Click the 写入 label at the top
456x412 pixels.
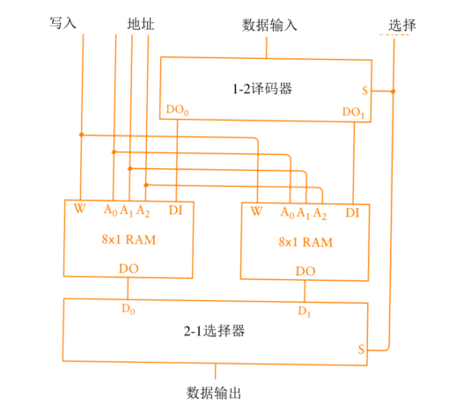(63, 24)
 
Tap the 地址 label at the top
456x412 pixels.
(140, 24)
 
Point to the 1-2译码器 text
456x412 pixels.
(263, 88)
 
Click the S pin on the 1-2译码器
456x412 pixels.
(365, 90)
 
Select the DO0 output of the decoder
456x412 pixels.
(177, 111)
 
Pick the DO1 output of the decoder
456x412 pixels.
(353, 111)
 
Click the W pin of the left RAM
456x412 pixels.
(80, 210)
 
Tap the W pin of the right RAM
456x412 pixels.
(256, 211)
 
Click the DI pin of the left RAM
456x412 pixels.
(176, 210)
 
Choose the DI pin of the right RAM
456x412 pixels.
(352, 211)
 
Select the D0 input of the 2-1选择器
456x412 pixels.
(129, 309)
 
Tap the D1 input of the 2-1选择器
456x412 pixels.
(305, 311)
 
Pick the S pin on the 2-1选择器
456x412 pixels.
(362, 349)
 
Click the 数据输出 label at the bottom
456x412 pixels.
(215, 392)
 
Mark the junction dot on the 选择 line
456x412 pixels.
(393, 91)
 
